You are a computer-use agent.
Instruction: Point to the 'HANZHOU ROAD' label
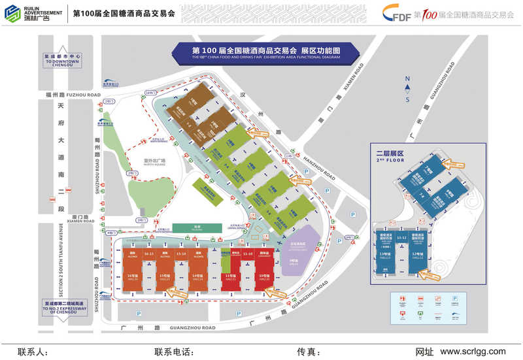click(x=320, y=167)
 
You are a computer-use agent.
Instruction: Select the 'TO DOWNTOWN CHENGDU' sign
click(x=62, y=59)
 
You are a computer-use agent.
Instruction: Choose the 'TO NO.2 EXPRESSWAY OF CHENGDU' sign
click(x=61, y=307)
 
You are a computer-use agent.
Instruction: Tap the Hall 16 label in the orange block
click(x=131, y=278)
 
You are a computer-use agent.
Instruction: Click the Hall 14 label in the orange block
click(x=198, y=278)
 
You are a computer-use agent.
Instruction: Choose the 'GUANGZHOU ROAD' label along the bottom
click(x=191, y=328)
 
